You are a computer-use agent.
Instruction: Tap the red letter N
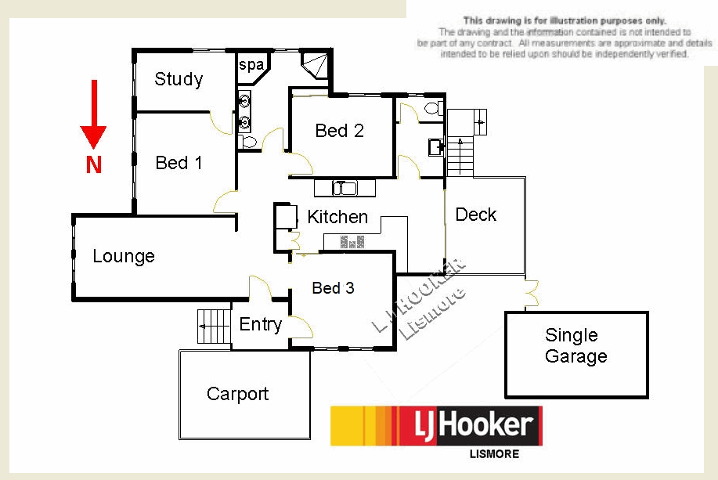click(93, 165)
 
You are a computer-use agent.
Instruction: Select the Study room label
click(179, 79)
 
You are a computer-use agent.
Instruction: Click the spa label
click(251, 65)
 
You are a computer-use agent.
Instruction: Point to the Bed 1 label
click(179, 163)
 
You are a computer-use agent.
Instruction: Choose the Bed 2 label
click(339, 131)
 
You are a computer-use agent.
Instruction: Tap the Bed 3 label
click(333, 288)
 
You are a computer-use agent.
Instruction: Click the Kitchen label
click(337, 217)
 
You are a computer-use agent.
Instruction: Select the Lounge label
click(124, 256)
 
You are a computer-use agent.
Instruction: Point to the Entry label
click(260, 324)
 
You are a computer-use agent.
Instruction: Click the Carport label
click(237, 394)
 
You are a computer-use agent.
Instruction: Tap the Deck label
click(476, 215)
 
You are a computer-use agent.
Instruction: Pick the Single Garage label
click(575, 346)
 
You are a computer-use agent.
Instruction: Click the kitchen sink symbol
click(344, 188)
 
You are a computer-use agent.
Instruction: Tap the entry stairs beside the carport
click(212, 324)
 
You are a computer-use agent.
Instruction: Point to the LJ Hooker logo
click(435, 426)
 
